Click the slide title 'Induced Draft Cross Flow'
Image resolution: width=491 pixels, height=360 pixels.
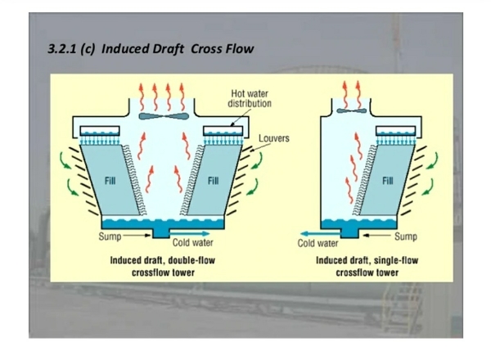(151, 49)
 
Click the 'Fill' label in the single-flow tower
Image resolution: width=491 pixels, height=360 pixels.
(387, 180)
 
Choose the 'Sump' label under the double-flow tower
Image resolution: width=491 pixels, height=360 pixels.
(110, 236)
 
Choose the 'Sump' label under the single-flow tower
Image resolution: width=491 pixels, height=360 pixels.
(407, 236)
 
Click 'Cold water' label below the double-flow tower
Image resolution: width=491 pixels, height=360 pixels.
(193, 243)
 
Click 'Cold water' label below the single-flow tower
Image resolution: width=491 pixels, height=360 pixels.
(318, 243)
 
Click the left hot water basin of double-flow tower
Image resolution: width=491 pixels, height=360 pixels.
(100, 132)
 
